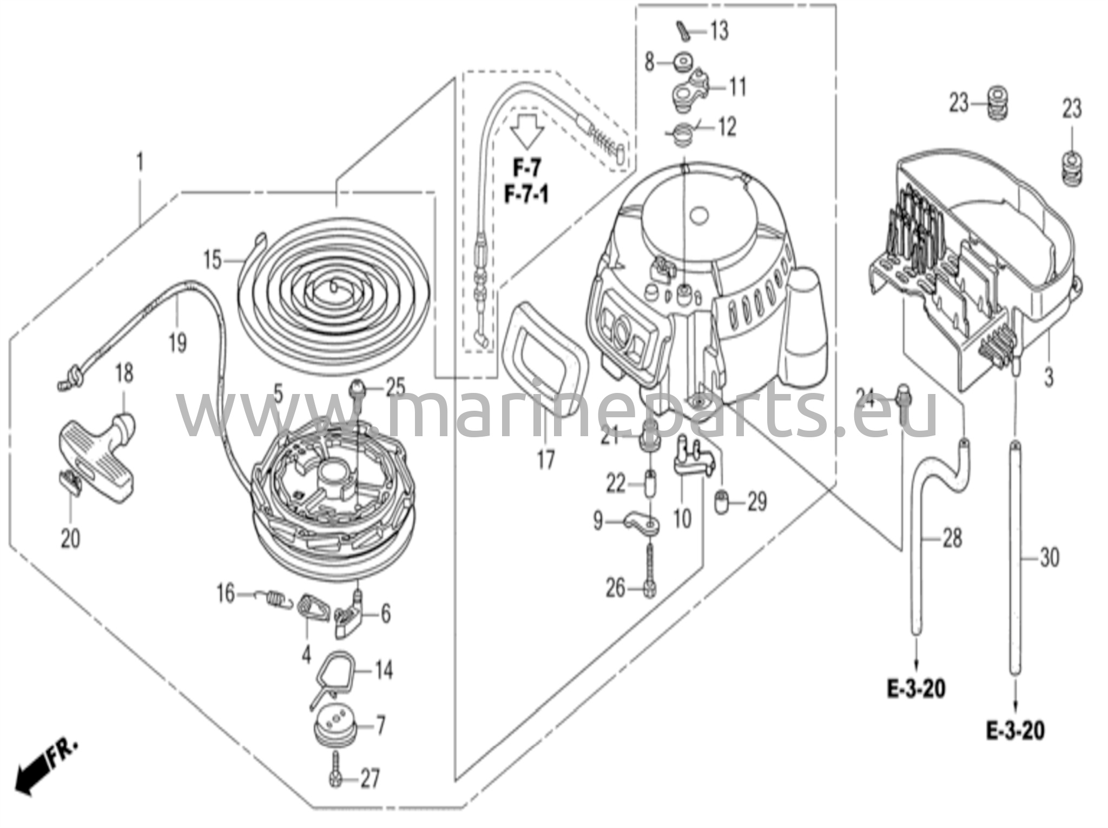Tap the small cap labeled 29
(x=722, y=502)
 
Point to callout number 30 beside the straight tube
(x=1049, y=557)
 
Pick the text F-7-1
(x=526, y=195)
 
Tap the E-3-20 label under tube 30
(x=1015, y=731)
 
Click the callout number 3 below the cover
(x=1048, y=377)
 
